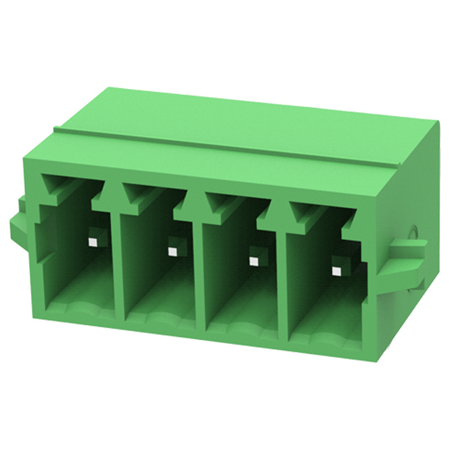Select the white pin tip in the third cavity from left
pos(254,261)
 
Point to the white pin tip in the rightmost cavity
pos(336,272)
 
